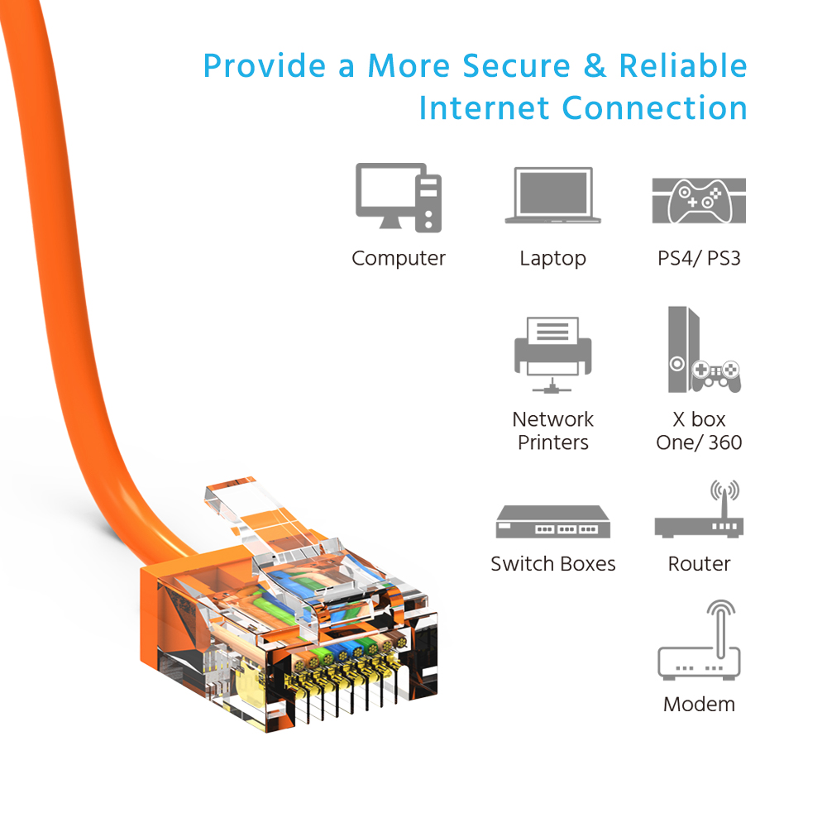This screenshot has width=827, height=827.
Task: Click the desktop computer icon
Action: coord(399,198)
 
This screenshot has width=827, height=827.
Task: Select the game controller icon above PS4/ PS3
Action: coord(699,200)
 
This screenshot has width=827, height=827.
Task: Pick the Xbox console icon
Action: coord(704,350)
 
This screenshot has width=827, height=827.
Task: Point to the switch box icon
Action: coord(552,521)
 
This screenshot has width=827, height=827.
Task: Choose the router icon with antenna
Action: coord(700,509)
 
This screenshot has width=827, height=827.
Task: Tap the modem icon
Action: coord(700,640)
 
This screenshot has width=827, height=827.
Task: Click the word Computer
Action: coord(399,258)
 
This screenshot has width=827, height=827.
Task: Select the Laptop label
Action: coord(552,259)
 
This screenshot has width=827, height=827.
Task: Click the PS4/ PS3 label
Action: coord(699,258)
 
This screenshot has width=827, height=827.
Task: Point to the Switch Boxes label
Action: coord(552,564)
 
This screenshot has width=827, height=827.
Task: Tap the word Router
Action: coord(700,564)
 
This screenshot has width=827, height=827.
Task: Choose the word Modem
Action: coord(700,704)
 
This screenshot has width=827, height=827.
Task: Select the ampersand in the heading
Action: coord(595,66)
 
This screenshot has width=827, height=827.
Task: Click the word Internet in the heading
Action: coord(484,108)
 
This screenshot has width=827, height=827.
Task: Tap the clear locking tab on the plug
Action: coord(253,512)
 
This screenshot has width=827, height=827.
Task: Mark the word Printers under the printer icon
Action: coord(552,442)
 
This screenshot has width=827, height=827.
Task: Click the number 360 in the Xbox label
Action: coord(725,442)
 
